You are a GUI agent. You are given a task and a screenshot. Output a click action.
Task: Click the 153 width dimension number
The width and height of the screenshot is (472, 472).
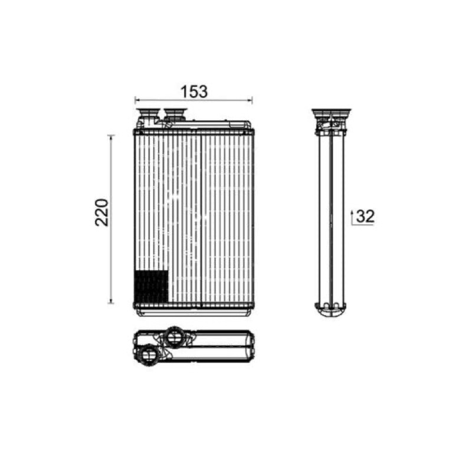click(x=194, y=91)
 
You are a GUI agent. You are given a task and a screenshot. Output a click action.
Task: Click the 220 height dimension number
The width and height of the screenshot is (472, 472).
click(x=101, y=212)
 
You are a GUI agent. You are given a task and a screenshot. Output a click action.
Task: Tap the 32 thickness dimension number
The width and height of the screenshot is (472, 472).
click(x=365, y=216)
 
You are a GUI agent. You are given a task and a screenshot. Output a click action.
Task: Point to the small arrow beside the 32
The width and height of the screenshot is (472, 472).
click(x=352, y=217)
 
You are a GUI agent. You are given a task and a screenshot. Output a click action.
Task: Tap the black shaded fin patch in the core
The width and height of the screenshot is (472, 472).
click(x=151, y=287)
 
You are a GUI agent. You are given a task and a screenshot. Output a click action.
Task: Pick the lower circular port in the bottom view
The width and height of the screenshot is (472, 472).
click(x=149, y=355)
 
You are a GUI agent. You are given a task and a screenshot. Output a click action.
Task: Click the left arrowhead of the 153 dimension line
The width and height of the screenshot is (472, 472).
click(x=137, y=100)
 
